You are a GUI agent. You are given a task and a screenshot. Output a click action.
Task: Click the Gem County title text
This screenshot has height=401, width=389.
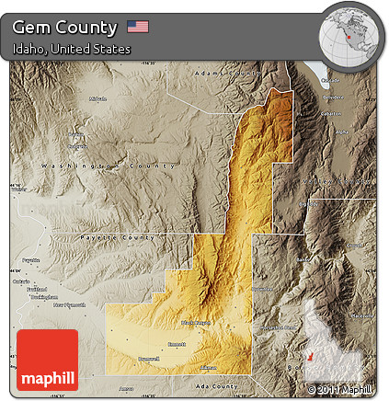click(x=65, y=27)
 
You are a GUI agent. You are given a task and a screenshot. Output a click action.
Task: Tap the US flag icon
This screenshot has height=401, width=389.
click(x=138, y=27)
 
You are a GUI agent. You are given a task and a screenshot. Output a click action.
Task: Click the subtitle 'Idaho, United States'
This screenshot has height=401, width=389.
click(x=72, y=49)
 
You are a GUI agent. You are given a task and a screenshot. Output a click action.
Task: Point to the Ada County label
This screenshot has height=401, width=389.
click(x=218, y=386)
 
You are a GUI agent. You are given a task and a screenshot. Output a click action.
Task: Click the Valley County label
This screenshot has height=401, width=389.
click(x=340, y=181)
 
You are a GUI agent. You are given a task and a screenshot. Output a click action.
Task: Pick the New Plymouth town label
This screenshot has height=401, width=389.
click(x=68, y=304)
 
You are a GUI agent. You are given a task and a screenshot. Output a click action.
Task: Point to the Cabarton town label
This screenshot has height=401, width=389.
click(x=329, y=113)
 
